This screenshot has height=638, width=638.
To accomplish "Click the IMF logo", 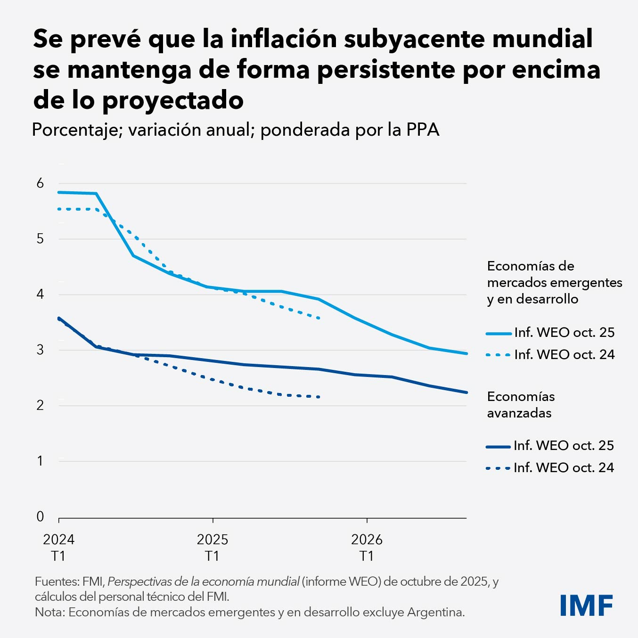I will tap(586, 605).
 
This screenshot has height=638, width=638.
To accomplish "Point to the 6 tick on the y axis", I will tap(40, 183).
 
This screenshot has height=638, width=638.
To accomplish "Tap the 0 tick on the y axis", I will tap(40, 516).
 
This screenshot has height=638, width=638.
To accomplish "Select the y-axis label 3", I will tap(40, 350).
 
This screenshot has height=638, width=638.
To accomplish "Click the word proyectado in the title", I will tap(173, 100).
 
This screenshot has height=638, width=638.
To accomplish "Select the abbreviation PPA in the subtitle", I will tap(423, 130).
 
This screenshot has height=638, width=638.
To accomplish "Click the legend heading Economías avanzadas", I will tap(520, 405).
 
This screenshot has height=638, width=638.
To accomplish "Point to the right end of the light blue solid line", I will tap(466, 353).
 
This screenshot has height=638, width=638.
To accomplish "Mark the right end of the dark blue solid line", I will tap(466, 392).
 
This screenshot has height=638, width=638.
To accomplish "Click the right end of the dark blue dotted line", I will tap(319, 397).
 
